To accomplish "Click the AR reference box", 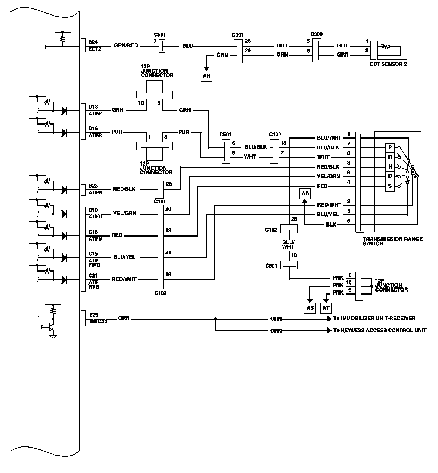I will tap(206, 76).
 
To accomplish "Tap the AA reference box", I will tap(305, 193).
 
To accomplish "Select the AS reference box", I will tap(310, 308).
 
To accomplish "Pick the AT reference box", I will tap(326, 308).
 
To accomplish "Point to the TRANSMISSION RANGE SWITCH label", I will tap(392, 241).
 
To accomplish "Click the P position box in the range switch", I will tap(390, 147).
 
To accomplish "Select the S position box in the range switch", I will tap(390, 186).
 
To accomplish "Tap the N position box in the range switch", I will tap(390, 167).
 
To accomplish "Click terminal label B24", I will tap(93, 42).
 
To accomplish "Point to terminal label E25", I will tap(93, 315).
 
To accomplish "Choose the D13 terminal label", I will tap(93, 107).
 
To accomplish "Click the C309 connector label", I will tap(316, 34).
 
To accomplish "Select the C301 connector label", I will tap(238, 35).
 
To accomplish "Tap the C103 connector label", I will tap(160, 293).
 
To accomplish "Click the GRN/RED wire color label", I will tap(126, 46).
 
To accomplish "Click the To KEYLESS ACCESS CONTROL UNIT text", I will tap(380, 330).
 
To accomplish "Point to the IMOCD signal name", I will tap(98, 321).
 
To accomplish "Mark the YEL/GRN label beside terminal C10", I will tap(124, 213).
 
